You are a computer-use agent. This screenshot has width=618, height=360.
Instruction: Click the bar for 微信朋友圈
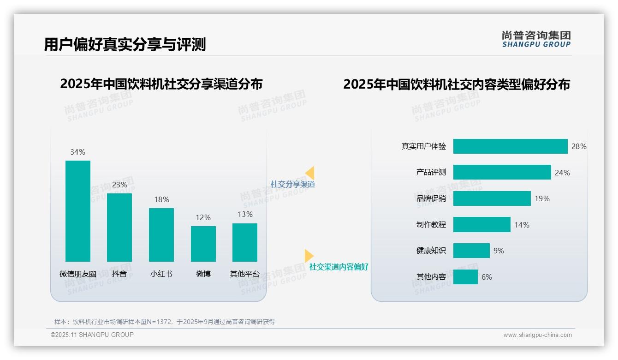(78, 211)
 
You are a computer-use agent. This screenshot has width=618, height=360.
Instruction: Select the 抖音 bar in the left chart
(119, 227)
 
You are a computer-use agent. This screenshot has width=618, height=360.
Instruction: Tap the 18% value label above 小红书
(161, 199)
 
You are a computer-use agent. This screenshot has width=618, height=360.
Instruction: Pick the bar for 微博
(203, 244)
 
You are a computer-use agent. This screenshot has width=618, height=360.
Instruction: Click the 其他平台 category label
(245, 274)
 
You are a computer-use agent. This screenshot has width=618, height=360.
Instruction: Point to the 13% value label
(245, 214)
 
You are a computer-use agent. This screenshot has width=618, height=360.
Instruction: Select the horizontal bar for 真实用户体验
(510, 146)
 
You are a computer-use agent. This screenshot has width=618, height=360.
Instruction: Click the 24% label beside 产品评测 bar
(562, 173)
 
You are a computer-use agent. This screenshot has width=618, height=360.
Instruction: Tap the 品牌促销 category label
(431, 198)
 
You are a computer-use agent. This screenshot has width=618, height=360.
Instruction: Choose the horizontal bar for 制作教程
(481, 225)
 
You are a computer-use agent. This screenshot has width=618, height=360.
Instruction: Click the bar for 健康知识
(471, 251)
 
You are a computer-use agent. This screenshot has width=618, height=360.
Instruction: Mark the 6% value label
(487, 277)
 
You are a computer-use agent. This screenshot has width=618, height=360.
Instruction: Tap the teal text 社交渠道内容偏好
(339, 267)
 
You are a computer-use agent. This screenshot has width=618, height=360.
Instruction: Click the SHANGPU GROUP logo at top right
(536, 39)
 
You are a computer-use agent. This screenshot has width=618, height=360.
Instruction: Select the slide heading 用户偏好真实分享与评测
(125, 44)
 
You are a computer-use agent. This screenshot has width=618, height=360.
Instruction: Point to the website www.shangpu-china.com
(537, 335)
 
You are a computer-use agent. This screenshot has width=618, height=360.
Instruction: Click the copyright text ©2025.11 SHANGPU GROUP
(92, 335)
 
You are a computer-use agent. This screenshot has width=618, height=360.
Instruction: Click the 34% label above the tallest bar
(77, 152)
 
